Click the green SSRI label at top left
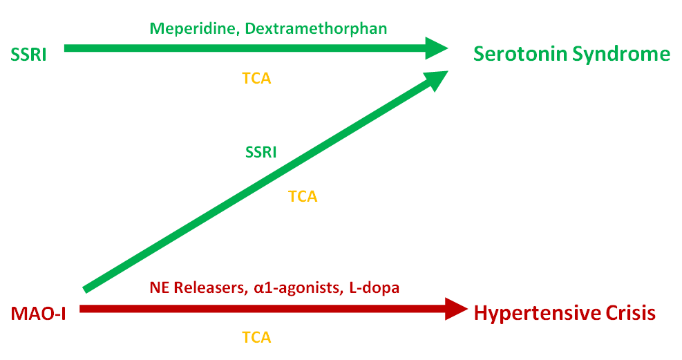pos(28,54)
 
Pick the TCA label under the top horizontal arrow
pos(256,78)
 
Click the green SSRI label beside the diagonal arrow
pos(261,152)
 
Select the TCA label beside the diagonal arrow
pos(303,196)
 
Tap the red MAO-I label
pos(39,313)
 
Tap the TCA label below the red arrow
pos(256,337)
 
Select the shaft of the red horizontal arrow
pos(263,309)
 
